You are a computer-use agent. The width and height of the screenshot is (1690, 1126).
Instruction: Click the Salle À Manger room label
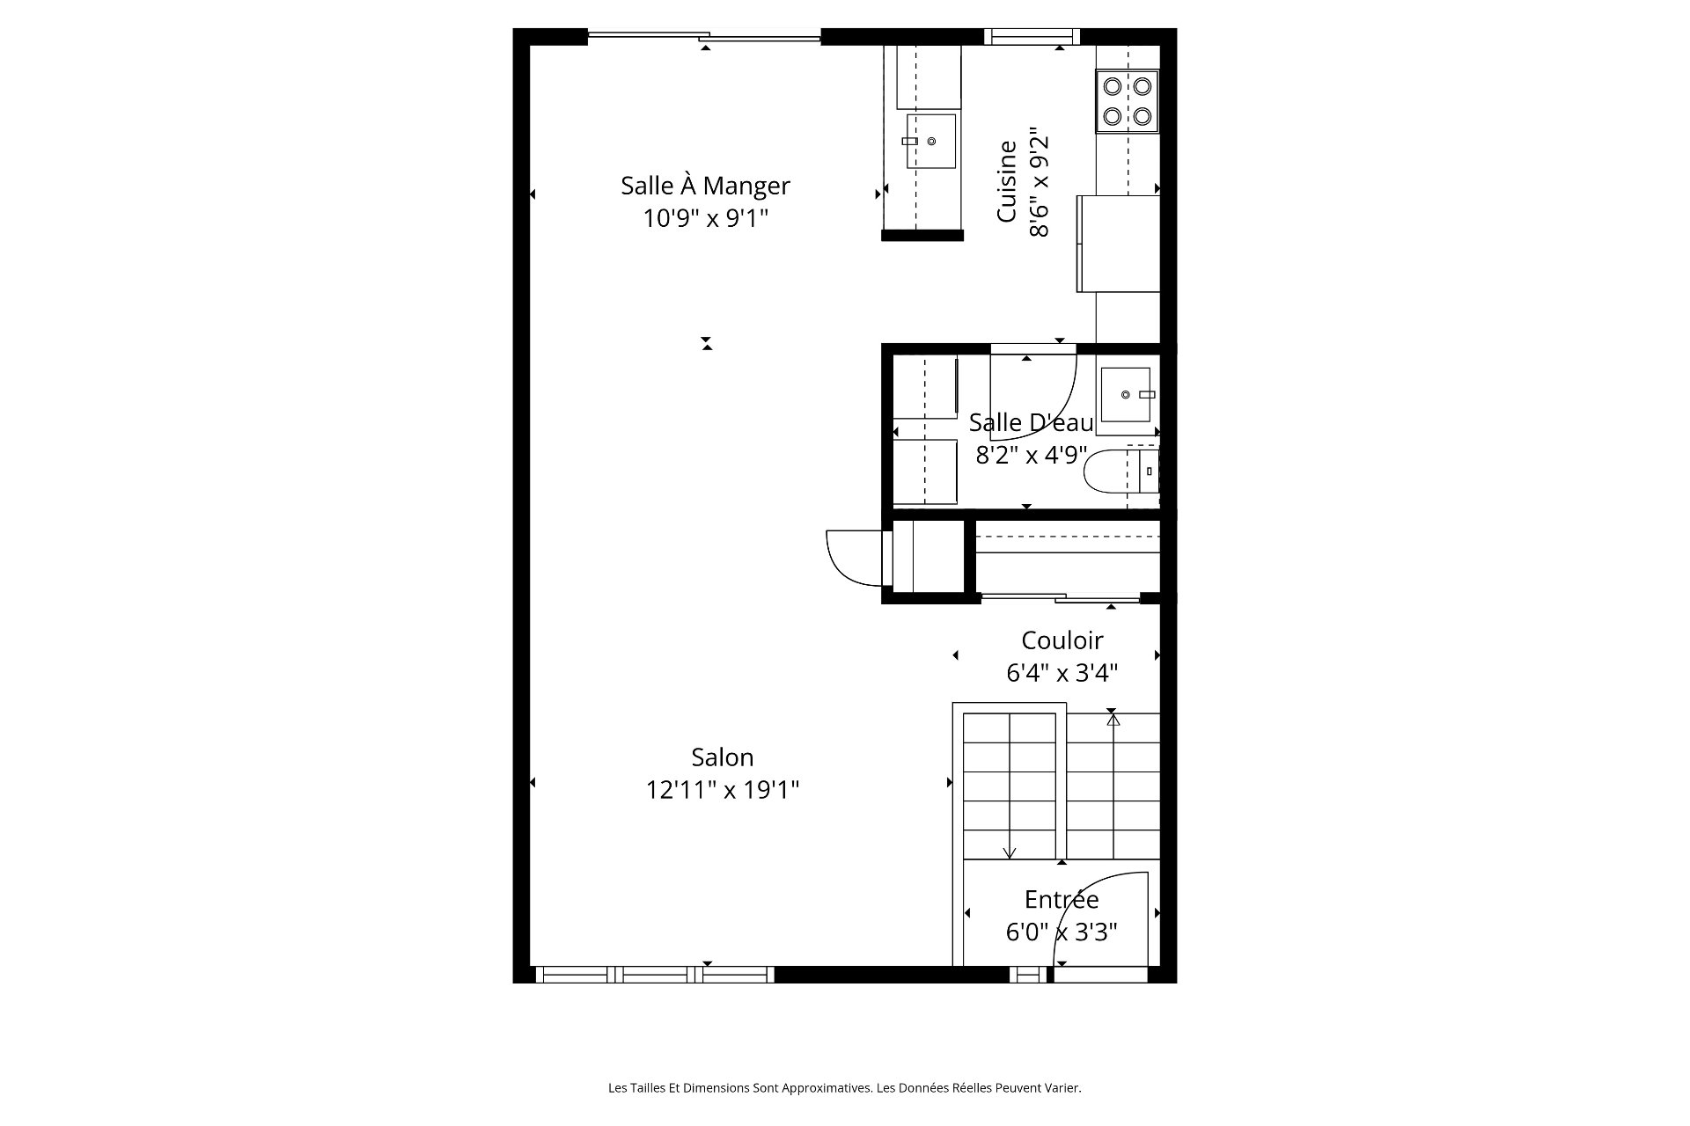705,185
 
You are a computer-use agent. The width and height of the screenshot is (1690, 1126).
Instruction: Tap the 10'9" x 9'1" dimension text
706,218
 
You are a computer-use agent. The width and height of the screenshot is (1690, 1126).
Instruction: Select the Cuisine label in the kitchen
1007,181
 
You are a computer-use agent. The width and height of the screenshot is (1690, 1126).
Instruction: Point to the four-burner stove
1128,101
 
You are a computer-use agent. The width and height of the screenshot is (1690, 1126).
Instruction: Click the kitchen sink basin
930,141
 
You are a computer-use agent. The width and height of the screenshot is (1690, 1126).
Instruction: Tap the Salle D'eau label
1031,422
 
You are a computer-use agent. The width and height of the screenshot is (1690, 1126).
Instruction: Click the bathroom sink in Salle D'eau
1126,395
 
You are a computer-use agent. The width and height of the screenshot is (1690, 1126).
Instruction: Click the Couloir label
1062,640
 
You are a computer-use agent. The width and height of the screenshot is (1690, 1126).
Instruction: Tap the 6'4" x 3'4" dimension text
1062,673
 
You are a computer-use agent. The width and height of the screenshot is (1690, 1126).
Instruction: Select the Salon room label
722,757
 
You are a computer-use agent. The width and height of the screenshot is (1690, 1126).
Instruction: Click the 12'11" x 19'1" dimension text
723,790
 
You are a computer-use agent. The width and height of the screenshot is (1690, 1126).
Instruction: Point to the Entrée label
1062,899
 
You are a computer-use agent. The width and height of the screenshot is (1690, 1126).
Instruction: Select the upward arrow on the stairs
1113,786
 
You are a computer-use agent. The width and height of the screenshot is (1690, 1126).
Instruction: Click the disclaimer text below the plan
845,1088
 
